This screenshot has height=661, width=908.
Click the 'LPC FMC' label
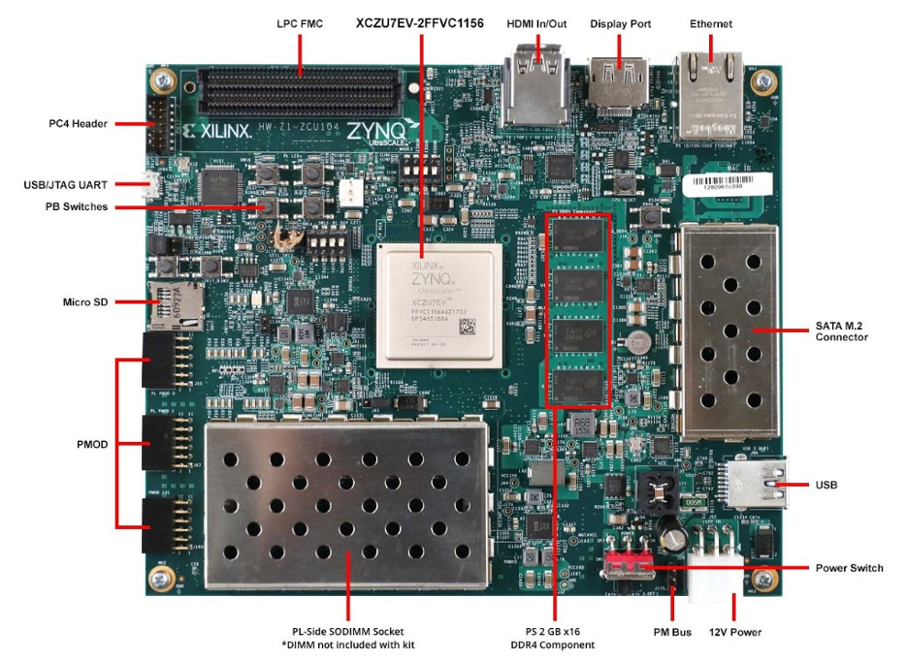[x=300, y=22]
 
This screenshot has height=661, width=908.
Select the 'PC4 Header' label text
[x=79, y=123]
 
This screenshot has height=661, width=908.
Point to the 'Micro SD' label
[x=85, y=302]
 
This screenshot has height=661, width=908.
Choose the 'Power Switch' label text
[x=850, y=567]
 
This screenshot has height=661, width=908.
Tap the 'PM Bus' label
[x=672, y=632]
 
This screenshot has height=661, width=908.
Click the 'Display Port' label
[x=620, y=22]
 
